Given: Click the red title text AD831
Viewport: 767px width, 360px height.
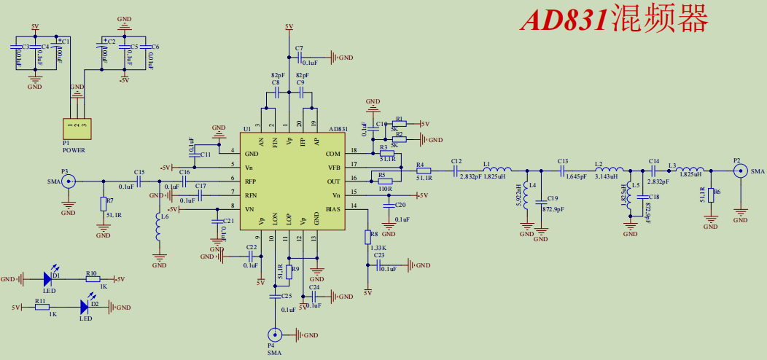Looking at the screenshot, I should (563, 20).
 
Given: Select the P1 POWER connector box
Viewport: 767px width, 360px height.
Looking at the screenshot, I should (77, 128).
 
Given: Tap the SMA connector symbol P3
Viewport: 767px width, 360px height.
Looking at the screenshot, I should (69, 181).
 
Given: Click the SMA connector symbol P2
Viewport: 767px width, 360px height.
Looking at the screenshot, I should (740, 171).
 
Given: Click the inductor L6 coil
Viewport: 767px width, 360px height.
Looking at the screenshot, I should (159, 230).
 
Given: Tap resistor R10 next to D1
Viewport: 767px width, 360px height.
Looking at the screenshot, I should (92, 279).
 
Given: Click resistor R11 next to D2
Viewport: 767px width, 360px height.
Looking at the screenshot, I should (42, 308).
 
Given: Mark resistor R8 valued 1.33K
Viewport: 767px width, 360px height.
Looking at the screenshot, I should (367, 237).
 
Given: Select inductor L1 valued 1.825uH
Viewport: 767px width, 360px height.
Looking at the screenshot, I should (496, 171).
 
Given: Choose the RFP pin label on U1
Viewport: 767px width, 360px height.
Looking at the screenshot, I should (250, 181).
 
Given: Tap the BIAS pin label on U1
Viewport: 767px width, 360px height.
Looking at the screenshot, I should (332, 209).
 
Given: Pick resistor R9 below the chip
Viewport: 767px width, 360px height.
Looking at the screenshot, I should (289, 271).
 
